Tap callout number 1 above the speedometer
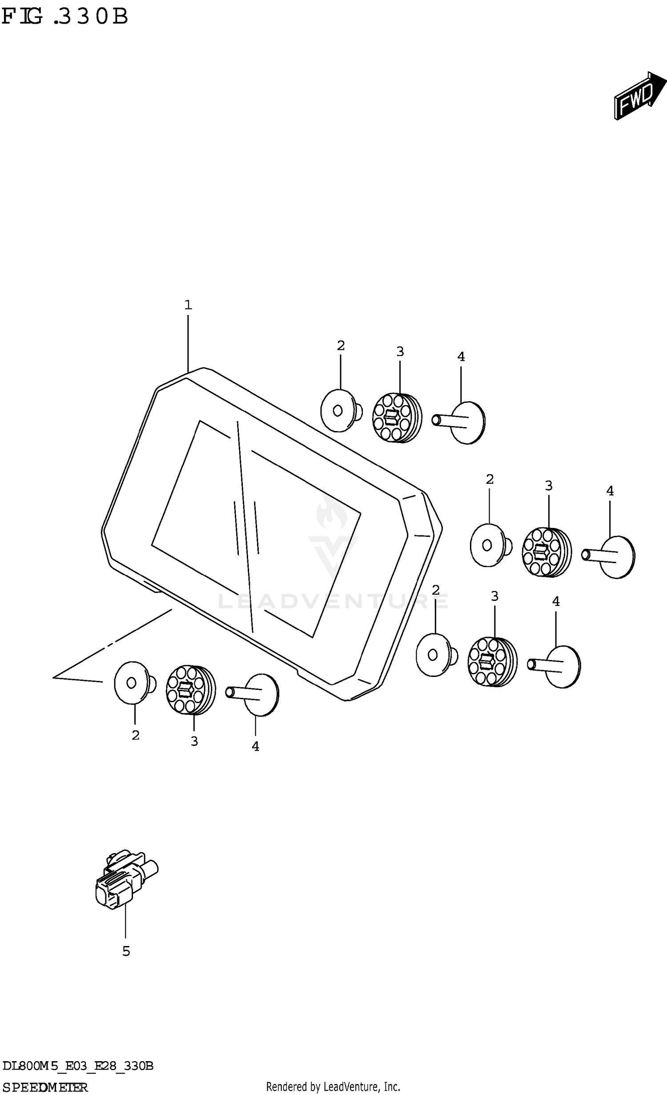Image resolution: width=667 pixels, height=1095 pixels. tap(188, 305)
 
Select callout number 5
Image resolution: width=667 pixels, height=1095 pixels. tap(126, 951)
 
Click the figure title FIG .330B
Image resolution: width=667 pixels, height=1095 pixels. tap(65, 17)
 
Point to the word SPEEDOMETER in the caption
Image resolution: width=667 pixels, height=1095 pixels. tap(45, 1088)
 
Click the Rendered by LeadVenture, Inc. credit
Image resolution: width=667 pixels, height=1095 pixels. tap(333, 1087)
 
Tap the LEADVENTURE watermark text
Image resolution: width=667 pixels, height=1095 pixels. tap(333, 601)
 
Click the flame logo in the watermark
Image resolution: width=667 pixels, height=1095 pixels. tap(332, 514)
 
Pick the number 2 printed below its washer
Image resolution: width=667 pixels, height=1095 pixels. tap(136, 735)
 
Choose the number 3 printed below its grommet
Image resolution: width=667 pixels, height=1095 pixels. tap(194, 741)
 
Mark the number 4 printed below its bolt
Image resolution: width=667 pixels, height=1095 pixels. tap(255, 746)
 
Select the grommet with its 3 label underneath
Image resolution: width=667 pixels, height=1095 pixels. tap(190, 690)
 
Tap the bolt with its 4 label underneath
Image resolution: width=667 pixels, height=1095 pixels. tap(255, 694)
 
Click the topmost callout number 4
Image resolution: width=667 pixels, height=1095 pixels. tap(461, 357)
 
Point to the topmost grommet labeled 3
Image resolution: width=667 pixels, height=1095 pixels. tap(396, 417)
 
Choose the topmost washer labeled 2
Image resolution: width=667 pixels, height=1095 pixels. tap(339, 411)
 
